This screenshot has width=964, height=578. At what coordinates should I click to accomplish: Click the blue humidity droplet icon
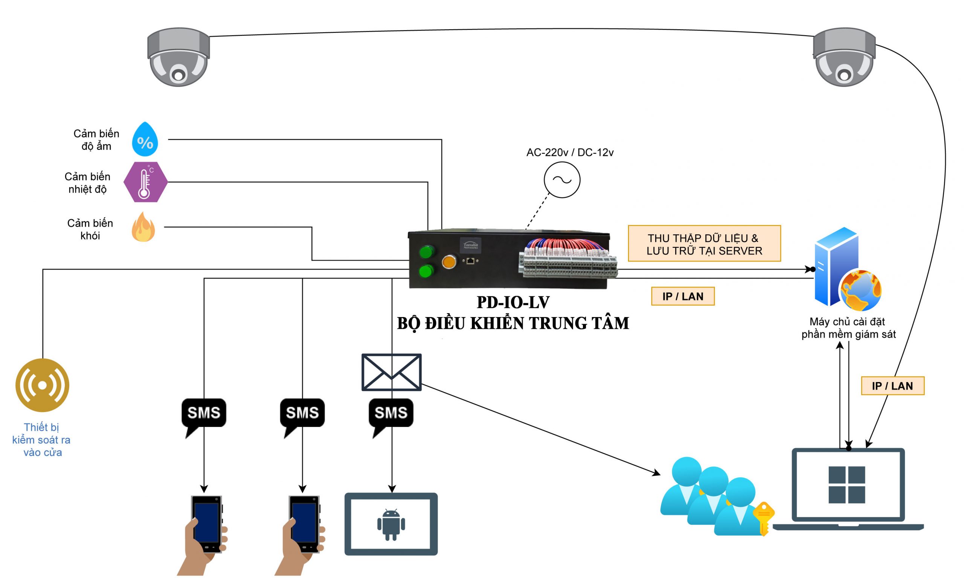[x=145, y=139]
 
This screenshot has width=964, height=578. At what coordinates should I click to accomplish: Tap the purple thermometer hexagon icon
[x=145, y=182]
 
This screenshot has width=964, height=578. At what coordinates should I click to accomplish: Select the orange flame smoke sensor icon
[x=143, y=227]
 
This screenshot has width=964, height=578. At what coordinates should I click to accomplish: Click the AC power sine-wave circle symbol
[x=562, y=180]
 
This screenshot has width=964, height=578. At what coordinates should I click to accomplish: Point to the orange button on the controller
[x=449, y=262]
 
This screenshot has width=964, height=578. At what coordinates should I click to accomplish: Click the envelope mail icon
[x=392, y=372]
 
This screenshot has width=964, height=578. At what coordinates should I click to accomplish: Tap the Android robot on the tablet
[x=391, y=524]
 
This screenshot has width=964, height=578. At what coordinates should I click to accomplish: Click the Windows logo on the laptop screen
[x=847, y=485]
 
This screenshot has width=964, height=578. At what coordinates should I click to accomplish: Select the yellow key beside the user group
[x=764, y=518]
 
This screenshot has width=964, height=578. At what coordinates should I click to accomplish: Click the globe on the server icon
[x=861, y=291]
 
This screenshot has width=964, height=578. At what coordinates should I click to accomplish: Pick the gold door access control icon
[x=43, y=385]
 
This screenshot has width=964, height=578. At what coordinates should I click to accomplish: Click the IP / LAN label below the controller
[x=683, y=296]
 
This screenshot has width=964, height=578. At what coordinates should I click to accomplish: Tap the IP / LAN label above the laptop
[x=892, y=386]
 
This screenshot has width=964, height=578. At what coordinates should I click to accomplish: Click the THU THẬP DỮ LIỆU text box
[x=704, y=244]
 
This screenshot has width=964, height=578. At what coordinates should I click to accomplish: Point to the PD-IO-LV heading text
[x=513, y=302]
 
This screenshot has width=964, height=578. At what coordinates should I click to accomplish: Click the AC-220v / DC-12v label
[x=570, y=153]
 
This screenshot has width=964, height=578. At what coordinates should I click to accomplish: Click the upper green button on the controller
[x=427, y=252]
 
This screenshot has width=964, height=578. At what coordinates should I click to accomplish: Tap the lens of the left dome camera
[x=178, y=75]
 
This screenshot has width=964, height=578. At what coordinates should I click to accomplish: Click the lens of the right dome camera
[x=843, y=75]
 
